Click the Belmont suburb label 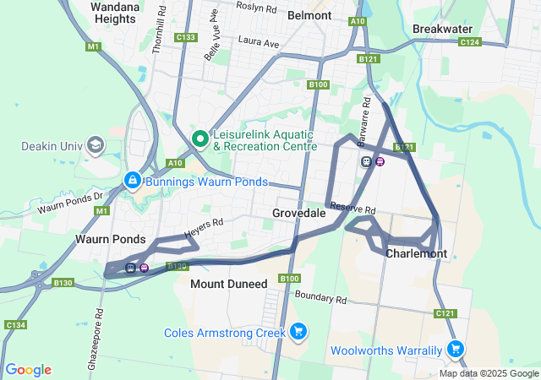coord(309,15)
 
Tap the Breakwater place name coord(441,29)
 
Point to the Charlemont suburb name coord(415,253)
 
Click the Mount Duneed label coord(228,284)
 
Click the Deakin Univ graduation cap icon coord(95,145)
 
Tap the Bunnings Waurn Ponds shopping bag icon coord(133,181)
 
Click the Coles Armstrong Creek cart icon coord(298,333)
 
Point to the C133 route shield coord(185,38)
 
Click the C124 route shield coord(470,41)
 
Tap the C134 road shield coord(15,325)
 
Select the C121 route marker coord(445,313)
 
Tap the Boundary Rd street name coord(321,297)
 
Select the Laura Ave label coord(259,41)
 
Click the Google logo coord(28,370)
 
